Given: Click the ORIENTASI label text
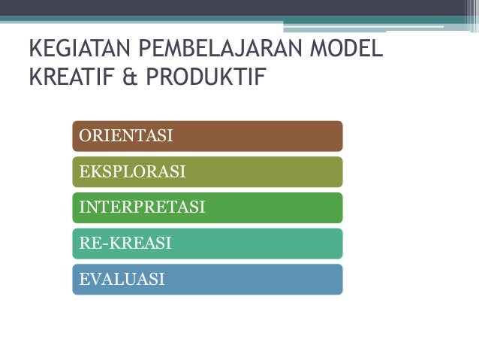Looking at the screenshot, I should pyautogui.click(x=126, y=136).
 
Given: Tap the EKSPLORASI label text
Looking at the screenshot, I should pyautogui.click(x=132, y=172).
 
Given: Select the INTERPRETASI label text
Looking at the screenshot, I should pyautogui.click(x=142, y=207).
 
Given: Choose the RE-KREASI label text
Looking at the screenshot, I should pyautogui.click(x=125, y=244).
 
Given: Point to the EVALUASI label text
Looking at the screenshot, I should pyautogui.click(x=122, y=280).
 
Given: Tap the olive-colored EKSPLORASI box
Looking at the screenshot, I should pyautogui.click(x=263, y=172).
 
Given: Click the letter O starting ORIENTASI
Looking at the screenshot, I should pyautogui.click(x=85, y=136).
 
